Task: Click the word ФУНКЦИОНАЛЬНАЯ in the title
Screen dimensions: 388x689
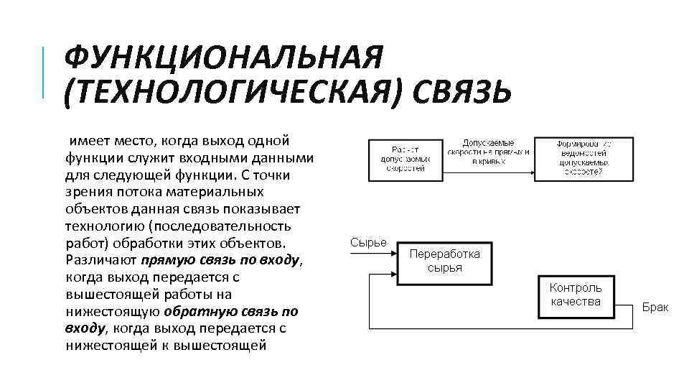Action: click(223, 57)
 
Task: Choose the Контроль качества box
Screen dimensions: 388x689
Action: click(576, 295)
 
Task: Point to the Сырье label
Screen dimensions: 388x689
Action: click(368, 242)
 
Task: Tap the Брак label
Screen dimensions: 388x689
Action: click(655, 308)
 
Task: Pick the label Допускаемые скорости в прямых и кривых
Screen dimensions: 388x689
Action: click(488, 152)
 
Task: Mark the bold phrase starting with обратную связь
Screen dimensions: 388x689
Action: click(230, 311)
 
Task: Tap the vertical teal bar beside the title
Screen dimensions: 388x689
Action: click(44, 72)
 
